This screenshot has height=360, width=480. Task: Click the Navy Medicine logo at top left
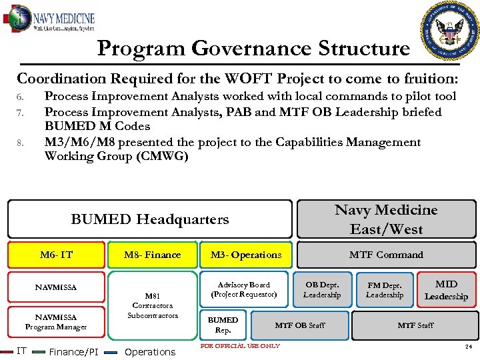(51, 19)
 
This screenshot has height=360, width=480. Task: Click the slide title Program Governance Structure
(253, 49)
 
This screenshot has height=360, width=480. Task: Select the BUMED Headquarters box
(149, 219)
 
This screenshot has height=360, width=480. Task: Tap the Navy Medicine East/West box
(386, 219)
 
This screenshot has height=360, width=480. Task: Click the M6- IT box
(57, 255)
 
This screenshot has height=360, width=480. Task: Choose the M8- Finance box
(153, 255)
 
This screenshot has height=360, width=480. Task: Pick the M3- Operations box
(246, 255)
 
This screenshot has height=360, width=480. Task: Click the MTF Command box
(386, 255)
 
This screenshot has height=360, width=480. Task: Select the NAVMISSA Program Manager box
(57, 322)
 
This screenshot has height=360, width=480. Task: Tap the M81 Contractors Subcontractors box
(153, 305)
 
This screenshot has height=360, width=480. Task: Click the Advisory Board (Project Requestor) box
(244, 289)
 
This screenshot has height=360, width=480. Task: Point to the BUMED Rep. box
(223, 325)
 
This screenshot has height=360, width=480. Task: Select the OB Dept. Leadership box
(322, 290)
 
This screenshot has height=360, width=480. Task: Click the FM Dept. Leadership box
(385, 290)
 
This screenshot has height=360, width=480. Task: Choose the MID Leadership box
(446, 290)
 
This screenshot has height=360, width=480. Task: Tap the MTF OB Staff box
(300, 325)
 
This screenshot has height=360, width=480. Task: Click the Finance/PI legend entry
(73, 351)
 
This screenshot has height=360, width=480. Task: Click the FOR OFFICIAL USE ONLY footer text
(240, 345)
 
